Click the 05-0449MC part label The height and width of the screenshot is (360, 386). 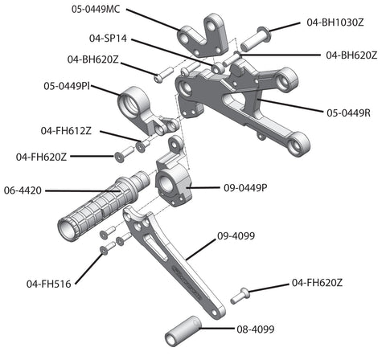[x=96, y=10]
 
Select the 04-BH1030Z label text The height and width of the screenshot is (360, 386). [x=335, y=22]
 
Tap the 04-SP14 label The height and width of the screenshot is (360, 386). [x=108, y=39]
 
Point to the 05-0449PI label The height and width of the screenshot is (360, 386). [x=67, y=86]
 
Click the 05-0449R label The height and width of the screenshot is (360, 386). [x=348, y=113]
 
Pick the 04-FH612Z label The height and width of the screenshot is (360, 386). [x=66, y=131]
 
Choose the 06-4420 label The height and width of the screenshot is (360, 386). [x=23, y=190]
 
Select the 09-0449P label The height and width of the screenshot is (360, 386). [x=245, y=188]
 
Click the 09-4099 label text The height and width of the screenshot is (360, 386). [x=236, y=236]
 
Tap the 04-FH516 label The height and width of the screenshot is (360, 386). [x=49, y=284]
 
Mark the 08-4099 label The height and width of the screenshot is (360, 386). [x=256, y=329]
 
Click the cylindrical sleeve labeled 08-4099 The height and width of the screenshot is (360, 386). [x=183, y=331]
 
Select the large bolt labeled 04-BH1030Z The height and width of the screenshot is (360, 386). [x=256, y=39]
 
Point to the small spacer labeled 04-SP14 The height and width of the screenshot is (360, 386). [x=218, y=68]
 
